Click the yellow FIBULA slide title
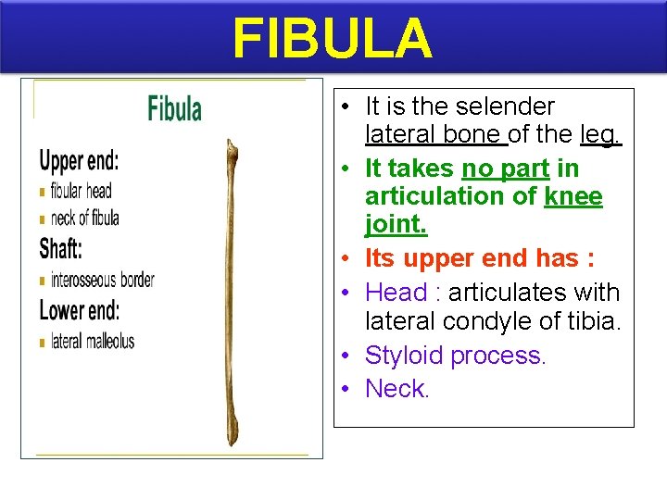point(332,38)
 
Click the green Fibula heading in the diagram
point(174,108)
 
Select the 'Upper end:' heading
point(79,161)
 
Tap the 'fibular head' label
point(82,191)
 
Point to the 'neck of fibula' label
point(85,219)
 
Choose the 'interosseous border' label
point(103,280)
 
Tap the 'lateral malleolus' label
point(93,341)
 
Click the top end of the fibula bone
point(232,146)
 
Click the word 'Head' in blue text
point(396,293)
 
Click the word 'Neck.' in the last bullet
point(397,389)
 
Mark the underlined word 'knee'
point(573,196)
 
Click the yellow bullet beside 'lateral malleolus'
point(43,343)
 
